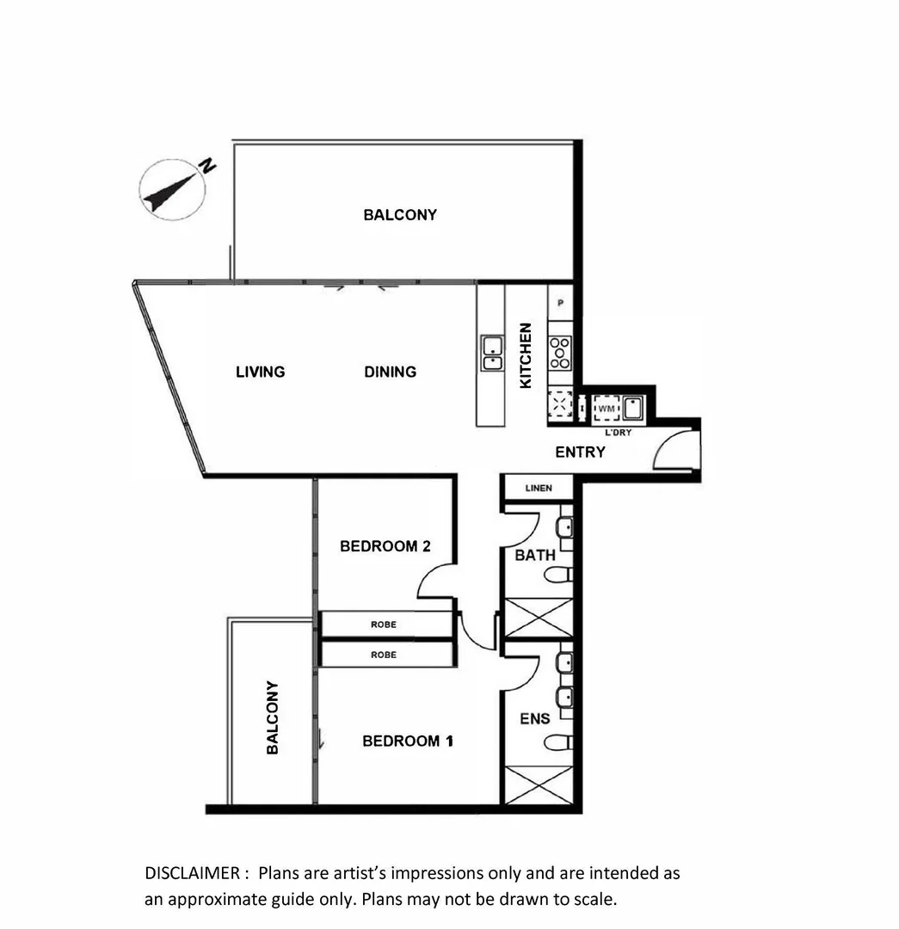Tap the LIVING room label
(x=260, y=372)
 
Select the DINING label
(x=390, y=372)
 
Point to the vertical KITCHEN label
(x=526, y=354)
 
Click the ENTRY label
(x=580, y=452)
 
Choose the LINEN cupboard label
(x=539, y=489)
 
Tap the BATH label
(x=535, y=555)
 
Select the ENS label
(x=535, y=718)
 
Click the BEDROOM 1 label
(x=407, y=741)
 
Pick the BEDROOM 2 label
(x=385, y=545)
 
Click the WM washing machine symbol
(x=607, y=407)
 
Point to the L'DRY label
(x=619, y=433)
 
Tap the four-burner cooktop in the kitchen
(x=560, y=351)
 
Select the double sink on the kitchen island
(x=491, y=354)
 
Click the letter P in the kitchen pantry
(x=560, y=303)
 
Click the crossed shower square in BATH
(x=537, y=618)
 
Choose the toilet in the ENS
(x=559, y=741)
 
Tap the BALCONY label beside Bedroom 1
(x=273, y=717)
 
